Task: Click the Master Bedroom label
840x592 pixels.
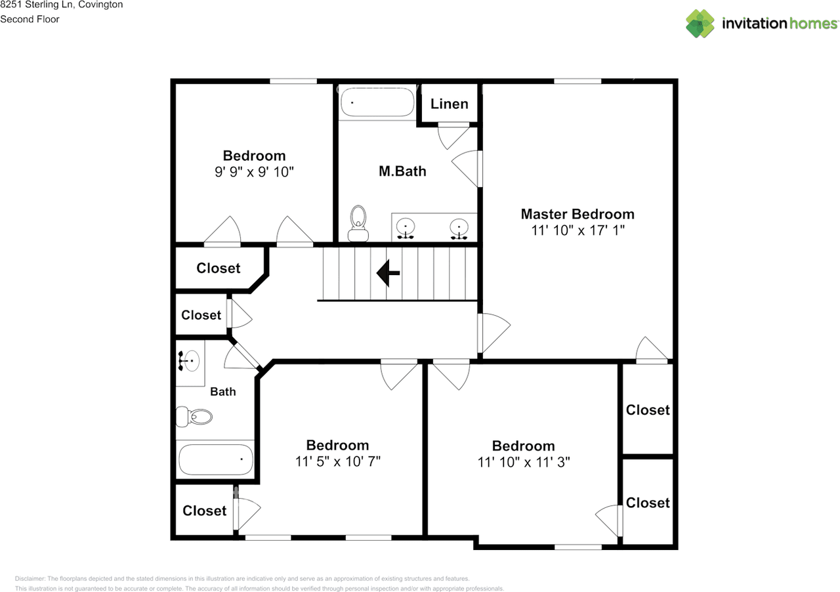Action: click(x=577, y=214)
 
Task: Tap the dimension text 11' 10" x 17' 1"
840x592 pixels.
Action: click(x=577, y=231)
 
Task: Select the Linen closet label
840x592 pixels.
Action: click(x=450, y=104)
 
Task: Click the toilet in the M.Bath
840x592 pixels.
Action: click(x=358, y=224)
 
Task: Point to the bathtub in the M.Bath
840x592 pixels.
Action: click(x=377, y=103)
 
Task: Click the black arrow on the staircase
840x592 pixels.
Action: click(x=388, y=273)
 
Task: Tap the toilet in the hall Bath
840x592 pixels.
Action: click(x=195, y=416)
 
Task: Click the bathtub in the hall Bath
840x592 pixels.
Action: click(x=216, y=459)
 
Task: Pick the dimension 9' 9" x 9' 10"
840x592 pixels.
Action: click(x=254, y=172)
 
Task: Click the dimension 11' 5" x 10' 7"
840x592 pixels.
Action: click(x=338, y=461)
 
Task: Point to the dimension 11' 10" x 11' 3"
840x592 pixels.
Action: click(x=524, y=462)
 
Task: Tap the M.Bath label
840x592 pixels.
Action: click(x=402, y=171)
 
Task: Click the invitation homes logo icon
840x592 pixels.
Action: click(x=701, y=23)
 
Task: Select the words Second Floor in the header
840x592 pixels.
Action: click(x=30, y=19)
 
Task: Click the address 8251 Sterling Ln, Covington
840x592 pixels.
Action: click(x=61, y=5)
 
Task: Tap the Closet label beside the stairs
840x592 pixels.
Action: click(x=218, y=268)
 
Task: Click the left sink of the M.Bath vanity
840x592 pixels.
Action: click(x=406, y=228)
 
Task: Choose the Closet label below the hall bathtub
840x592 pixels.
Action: click(x=204, y=511)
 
